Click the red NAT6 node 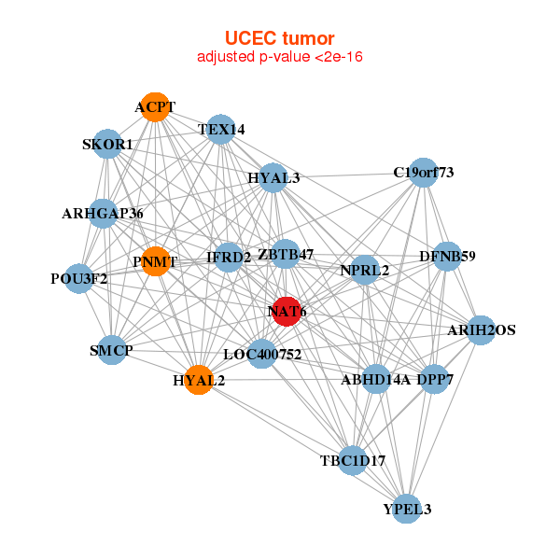(287, 311)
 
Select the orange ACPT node (154, 107)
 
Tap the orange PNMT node (154, 261)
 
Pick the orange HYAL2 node (198, 380)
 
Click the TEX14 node (220, 130)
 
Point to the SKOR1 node (107, 145)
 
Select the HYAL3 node (273, 177)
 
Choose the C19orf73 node (424, 172)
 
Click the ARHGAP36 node (103, 214)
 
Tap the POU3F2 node (79, 278)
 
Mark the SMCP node (112, 350)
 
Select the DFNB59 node (447, 255)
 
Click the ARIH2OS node (481, 329)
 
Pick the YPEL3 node (407, 509)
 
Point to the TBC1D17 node (352, 460)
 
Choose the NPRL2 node (364, 270)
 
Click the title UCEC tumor (279, 38)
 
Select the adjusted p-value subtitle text (279, 57)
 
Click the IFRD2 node (229, 257)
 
